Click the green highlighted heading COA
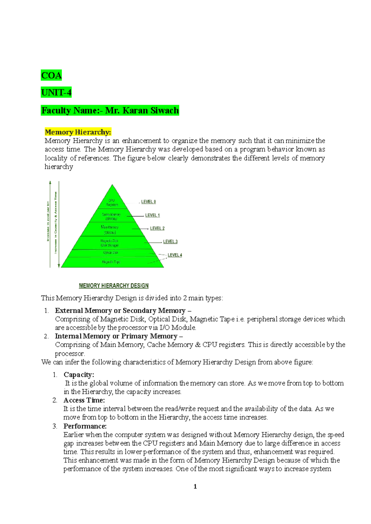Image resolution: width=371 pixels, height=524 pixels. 51,75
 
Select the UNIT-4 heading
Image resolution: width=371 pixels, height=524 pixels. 56,92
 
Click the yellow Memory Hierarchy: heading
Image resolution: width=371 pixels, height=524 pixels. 78,132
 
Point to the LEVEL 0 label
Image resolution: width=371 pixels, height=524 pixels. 148,202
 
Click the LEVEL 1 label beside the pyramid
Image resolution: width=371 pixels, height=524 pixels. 152,215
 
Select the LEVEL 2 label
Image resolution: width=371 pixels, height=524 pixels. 157,228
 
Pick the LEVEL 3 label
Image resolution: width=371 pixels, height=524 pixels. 170,242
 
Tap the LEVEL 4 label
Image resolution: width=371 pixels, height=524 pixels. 175,255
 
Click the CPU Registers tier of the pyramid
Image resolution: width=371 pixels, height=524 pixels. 112,203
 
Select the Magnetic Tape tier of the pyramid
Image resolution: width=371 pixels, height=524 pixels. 111,262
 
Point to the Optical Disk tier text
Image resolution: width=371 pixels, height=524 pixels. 111,253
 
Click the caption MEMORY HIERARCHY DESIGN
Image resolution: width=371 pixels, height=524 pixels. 113,286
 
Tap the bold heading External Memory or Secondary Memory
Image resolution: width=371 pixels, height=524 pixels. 120,311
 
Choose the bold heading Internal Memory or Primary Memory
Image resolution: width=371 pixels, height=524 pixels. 116,336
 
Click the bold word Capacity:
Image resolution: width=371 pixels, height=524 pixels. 79,375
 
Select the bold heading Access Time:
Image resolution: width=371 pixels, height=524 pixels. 84,400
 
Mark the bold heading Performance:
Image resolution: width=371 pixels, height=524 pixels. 85,426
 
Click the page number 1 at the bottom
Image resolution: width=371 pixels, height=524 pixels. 195,487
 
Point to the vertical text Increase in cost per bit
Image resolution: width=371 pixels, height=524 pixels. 48,221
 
